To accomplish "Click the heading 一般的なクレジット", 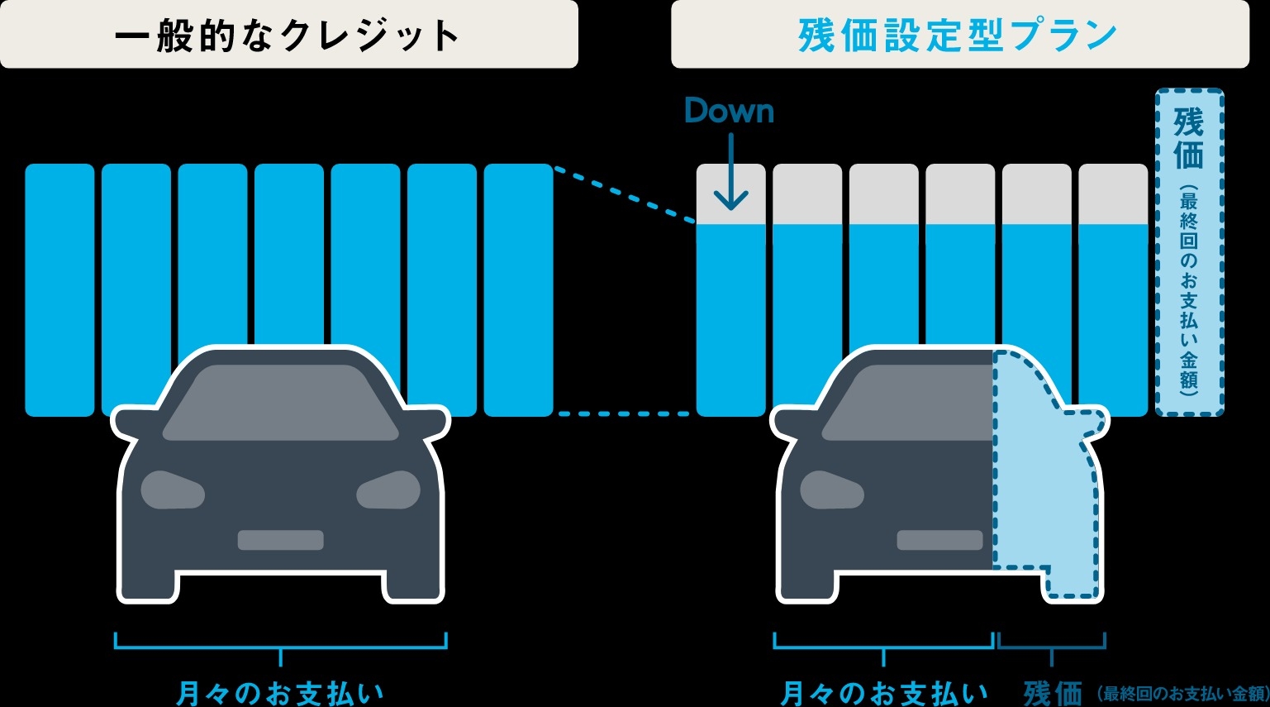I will [x=287, y=36].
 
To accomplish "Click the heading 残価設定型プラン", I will [x=958, y=36].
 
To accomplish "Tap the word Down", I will [x=729, y=111].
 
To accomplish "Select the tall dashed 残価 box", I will [x=1188, y=252].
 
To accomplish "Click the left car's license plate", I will [x=281, y=540].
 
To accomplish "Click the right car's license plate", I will [x=939, y=540].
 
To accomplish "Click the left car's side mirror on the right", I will [x=430, y=422].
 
